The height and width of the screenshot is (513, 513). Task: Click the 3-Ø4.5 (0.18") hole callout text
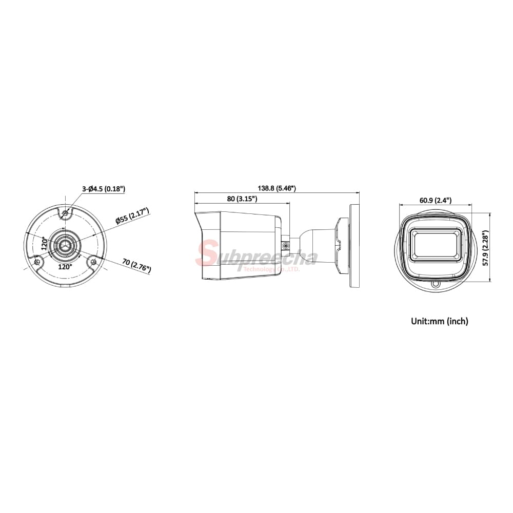tap(104, 189)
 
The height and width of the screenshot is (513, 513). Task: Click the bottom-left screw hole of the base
tap(37, 262)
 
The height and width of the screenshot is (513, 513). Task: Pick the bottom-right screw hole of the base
tap(93, 262)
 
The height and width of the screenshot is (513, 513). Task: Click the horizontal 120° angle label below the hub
tap(65, 267)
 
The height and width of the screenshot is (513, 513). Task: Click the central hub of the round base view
tap(65, 245)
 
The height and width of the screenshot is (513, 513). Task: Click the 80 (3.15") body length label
tap(241, 199)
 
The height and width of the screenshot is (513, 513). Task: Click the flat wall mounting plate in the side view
tap(354, 245)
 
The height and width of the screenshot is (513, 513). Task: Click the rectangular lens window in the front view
tap(435, 244)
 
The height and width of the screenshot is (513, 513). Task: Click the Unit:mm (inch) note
tap(439, 322)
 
